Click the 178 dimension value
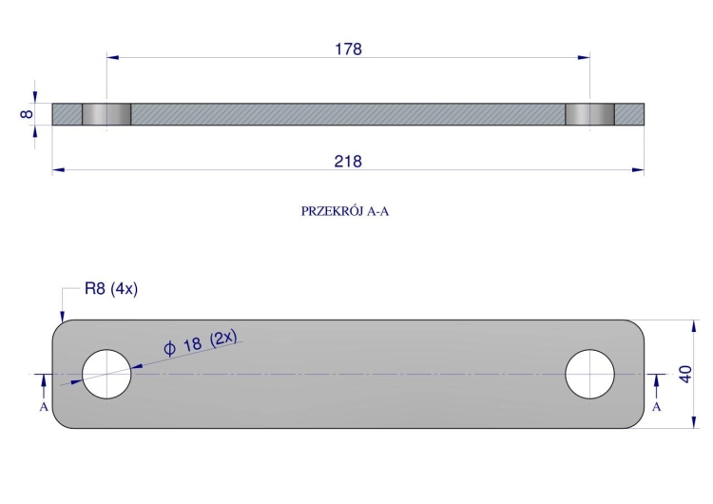tap(348, 49)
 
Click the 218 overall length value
tap(348, 162)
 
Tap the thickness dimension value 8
tap(27, 114)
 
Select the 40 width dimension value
tap(685, 374)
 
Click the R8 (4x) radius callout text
tap(111, 289)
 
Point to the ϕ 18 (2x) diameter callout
tap(201, 343)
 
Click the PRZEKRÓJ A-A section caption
tap(345, 211)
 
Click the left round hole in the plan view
tap(106, 374)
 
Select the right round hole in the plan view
tap(589, 374)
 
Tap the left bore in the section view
tap(106, 114)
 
